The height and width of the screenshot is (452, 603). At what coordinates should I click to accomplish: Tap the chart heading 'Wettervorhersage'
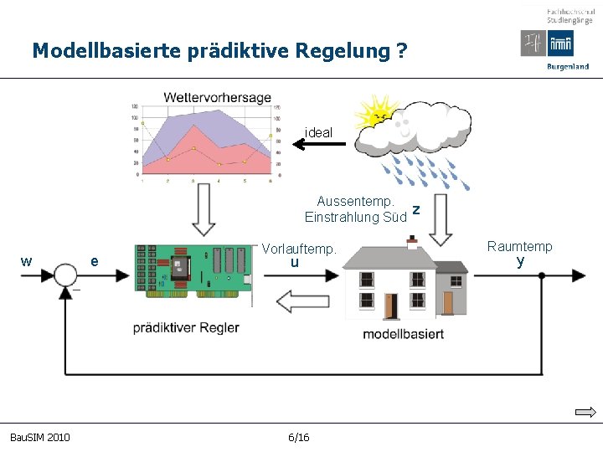(217, 97)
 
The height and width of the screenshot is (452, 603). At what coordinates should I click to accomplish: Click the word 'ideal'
(318, 132)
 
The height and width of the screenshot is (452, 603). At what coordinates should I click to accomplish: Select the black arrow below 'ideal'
(318, 145)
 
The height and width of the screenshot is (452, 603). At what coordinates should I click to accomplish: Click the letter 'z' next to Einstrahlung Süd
(415, 208)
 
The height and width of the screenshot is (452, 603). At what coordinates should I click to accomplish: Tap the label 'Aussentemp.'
(356, 201)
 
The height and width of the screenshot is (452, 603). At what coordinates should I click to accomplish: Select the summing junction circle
(65, 274)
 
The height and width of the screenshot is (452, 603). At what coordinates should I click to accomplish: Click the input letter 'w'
(27, 261)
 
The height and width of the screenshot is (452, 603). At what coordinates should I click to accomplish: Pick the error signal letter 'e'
(95, 262)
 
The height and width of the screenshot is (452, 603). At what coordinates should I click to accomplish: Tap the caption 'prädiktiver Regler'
(186, 327)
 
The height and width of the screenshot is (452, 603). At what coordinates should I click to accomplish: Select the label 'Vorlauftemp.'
(299, 249)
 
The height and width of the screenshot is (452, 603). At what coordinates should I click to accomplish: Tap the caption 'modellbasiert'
(403, 334)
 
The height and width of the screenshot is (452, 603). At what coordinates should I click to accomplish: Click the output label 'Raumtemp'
(519, 246)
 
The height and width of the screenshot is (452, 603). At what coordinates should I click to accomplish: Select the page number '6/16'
(298, 438)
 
